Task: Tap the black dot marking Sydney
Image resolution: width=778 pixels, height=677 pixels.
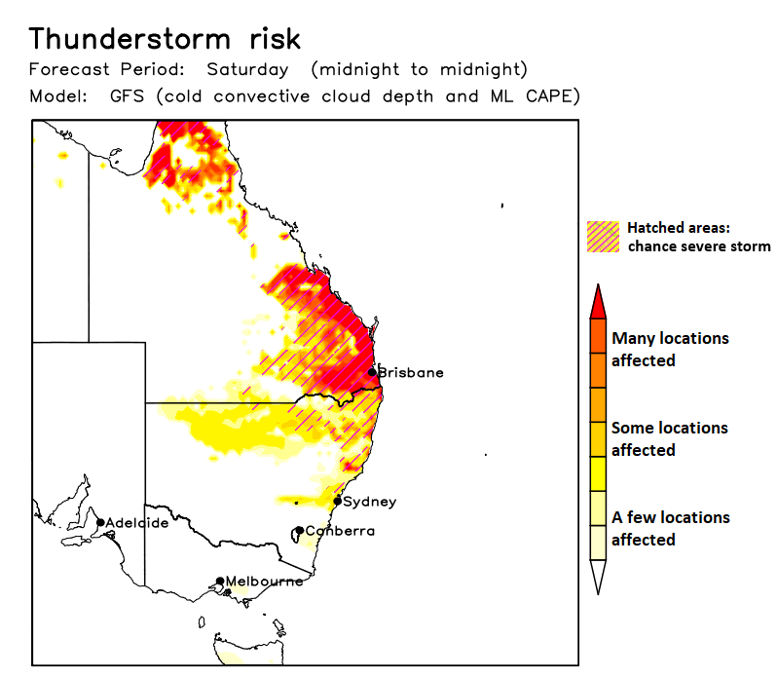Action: (337, 502)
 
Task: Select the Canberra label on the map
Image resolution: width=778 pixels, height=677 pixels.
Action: (340, 531)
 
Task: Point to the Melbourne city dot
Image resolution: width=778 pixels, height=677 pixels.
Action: (220, 582)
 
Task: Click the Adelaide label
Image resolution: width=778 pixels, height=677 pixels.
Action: (136, 523)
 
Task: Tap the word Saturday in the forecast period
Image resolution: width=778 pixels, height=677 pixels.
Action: (247, 70)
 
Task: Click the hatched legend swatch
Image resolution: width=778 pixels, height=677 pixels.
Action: (603, 237)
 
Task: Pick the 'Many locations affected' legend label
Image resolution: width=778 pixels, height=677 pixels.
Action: (670, 349)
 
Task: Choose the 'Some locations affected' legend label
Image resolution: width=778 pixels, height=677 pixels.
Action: (669, 438)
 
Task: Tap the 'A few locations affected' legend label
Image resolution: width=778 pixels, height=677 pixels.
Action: (670, 528)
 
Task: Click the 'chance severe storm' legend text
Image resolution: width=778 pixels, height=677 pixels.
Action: (698, 246)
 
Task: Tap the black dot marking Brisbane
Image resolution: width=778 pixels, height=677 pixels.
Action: (372, 372)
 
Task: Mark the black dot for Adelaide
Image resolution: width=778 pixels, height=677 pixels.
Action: (100, 523)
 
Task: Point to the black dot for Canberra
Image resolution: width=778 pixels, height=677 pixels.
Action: (299, 531)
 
